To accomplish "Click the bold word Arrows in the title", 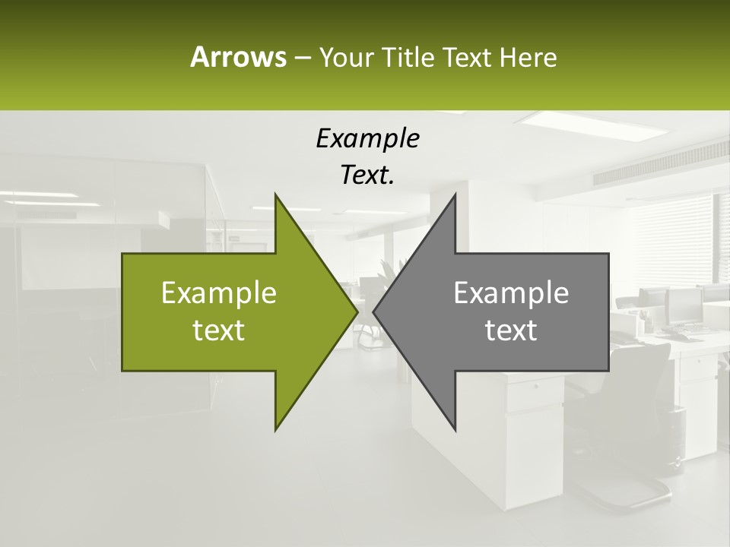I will (237, 57).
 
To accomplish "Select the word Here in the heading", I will (528, 58).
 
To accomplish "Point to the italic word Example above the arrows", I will (367, 138).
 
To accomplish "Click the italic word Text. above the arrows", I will (367, 175).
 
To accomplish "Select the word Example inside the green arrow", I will (219, 292).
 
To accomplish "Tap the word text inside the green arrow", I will (219, 330).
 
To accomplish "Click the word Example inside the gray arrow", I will (511, 292).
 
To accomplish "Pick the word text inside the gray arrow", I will (511, 330).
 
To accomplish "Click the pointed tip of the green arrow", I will (357, 311).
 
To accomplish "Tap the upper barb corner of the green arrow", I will (275, 195).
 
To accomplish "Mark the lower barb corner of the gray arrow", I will (455, 430).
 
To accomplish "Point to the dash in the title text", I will (302, 58).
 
